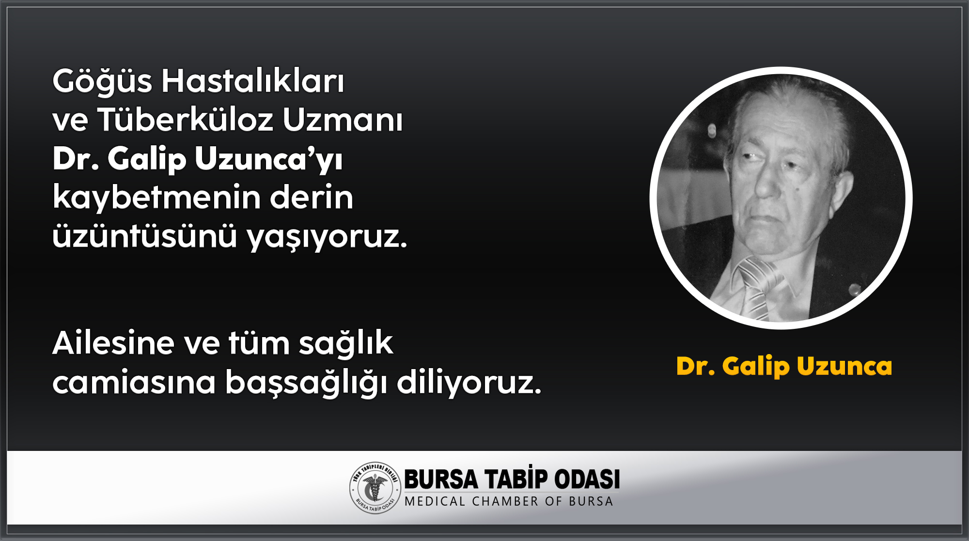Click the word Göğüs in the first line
[102, 81]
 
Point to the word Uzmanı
[343, 120]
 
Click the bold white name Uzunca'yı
[269, 159]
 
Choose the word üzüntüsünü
[144, 236]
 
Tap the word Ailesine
[113, 343]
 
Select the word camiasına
[134, 382]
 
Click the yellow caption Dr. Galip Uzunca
[784, 367]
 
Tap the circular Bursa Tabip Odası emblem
[375, 488]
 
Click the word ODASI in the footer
[587, 479]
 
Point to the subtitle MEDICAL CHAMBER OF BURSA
[509, 501]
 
